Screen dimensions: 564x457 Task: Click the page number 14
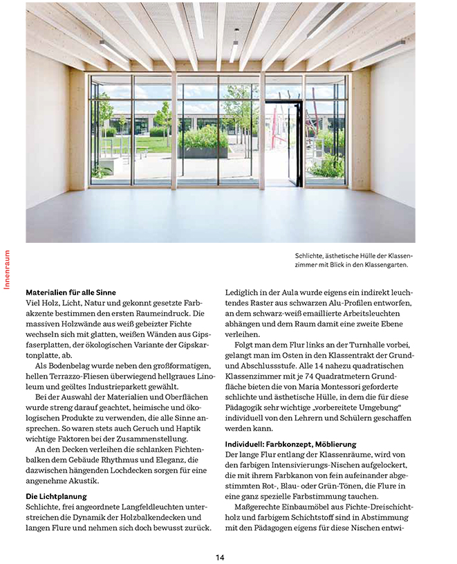220,557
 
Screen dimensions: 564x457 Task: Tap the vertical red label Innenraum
7,271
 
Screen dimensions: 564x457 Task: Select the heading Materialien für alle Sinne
71,292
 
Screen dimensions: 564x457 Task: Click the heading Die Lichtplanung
55,496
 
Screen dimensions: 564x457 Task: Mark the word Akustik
84,481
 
